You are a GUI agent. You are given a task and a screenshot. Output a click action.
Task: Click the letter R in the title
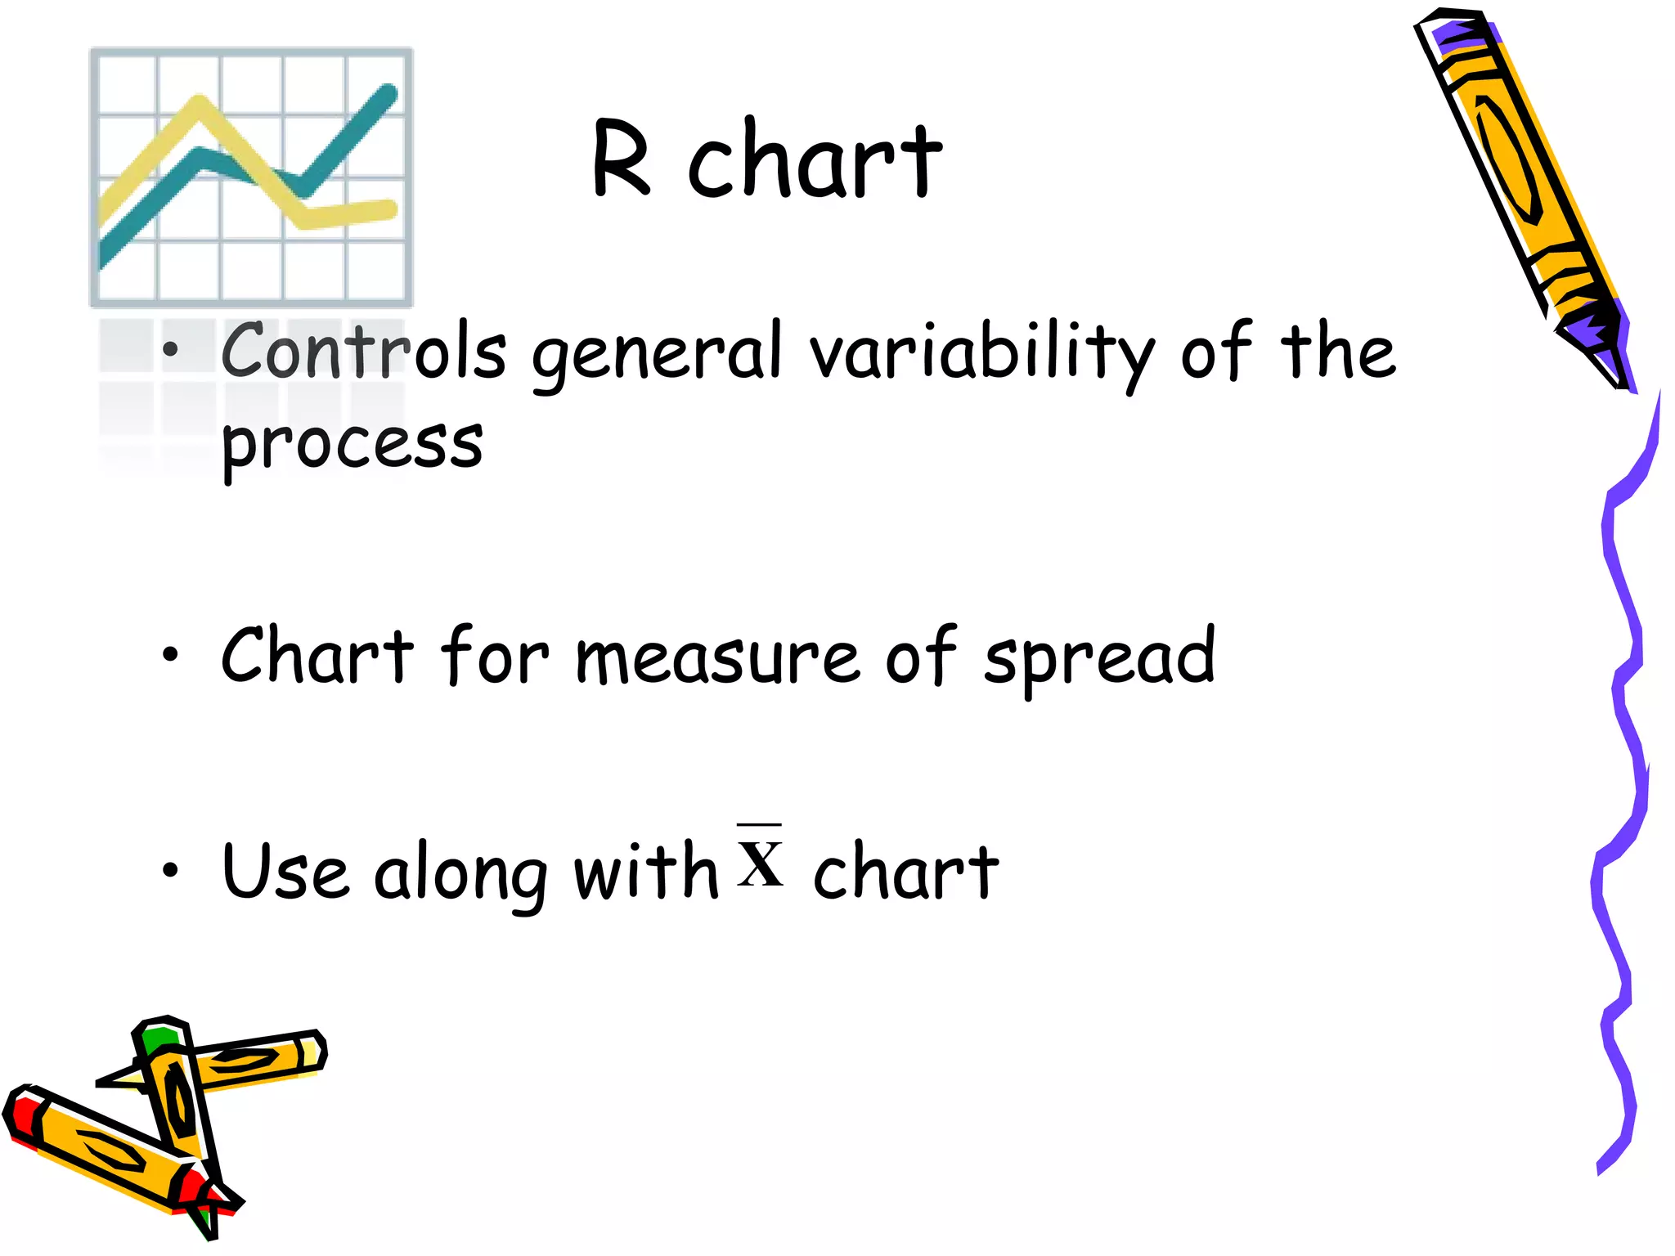[622, 159]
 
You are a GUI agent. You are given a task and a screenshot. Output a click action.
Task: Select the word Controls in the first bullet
[364, 352]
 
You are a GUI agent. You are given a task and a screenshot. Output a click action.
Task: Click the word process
[352, 446]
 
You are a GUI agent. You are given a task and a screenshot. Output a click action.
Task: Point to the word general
[658, 356]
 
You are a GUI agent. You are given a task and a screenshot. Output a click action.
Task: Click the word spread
[1100, 658]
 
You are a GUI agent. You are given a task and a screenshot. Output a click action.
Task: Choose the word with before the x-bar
[645, 871]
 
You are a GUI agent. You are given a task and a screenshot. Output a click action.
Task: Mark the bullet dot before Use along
[170, 870]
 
